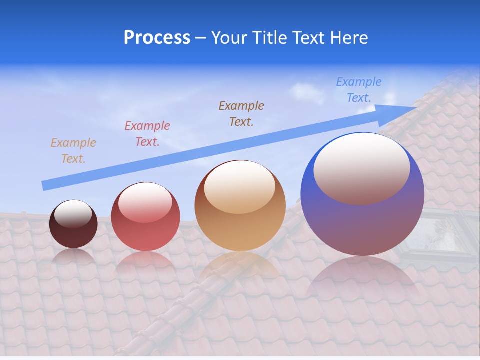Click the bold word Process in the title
pyautogui.click(x=157, y=38)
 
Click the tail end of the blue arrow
pyautogui.click(x=46, y=185)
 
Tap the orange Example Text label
pyautogui.click(x=73, y=151)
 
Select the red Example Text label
pyautogui.click(x=147, y=134)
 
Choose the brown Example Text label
pyautogui.click(x=241, y=113)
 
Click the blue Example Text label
pyautogui.click(x=359, y=90)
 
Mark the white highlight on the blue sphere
pyautogui.click(x=362, y=167)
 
